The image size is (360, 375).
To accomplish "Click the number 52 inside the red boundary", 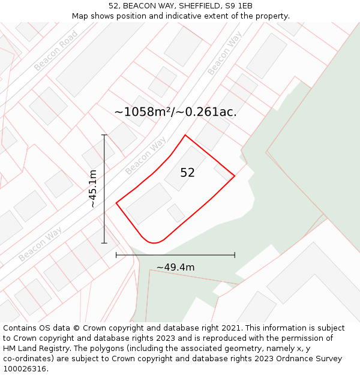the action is click(x=187, y=173).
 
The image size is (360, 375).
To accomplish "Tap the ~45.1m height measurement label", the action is click(x=93, y=189).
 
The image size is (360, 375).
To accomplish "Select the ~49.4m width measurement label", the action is click(x=175, y=267).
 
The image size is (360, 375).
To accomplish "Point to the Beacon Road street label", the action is click(x=56, y=50).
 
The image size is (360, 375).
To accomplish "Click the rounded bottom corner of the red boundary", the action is click(x=154, y=242).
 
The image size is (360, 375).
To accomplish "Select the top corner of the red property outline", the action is click(x=185, y=135).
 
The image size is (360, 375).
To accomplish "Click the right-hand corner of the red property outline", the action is click(x=234, y=176).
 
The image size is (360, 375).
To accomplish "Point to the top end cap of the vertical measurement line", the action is click(x=104, y=135).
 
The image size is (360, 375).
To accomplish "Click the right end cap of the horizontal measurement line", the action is click(x=235, y=255).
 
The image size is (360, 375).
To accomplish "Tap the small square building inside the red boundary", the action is click(x=176, y=212).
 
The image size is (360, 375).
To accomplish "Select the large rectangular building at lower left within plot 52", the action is click(x=149, y=203).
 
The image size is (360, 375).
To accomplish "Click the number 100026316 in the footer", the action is click(x=26, y=369).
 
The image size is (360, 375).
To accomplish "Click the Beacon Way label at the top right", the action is click(x=224, y=53).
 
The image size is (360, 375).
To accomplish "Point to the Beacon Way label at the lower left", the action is click(x=40, y=244).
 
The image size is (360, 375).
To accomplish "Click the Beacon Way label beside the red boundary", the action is click(x=146, y=155).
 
